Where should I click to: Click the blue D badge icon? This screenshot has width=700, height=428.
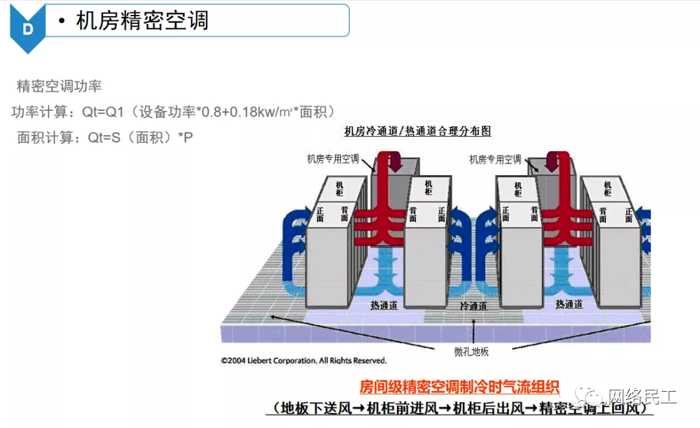27,29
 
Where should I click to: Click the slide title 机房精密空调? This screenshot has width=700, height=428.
142,21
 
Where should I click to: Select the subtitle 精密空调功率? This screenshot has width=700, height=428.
59,86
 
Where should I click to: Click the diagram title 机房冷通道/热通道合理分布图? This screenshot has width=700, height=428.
418,132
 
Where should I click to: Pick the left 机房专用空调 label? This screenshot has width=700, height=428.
332,159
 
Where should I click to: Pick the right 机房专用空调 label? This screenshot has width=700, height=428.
495,159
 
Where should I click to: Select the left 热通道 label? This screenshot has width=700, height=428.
384,305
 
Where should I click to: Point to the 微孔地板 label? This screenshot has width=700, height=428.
471,351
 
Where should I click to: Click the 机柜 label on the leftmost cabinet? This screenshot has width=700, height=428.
339,189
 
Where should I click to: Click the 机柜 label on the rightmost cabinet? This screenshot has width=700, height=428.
607,189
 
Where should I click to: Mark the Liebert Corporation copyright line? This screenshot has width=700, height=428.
303,361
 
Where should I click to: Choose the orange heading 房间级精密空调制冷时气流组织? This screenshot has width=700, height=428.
459,387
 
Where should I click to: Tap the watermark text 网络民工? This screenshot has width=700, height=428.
641,396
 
